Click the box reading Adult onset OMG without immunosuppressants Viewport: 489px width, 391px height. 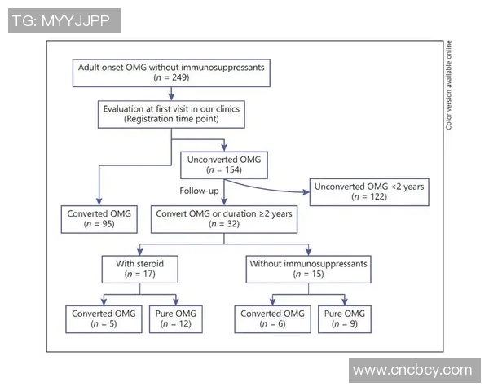click(x=170, y=72)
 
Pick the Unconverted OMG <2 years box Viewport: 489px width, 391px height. click(x=369, y=191)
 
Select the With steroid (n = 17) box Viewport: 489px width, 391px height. click(x=138, y=268)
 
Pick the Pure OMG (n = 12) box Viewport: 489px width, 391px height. click(x=175, y=319)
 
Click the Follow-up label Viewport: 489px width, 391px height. click(x=199, y=191)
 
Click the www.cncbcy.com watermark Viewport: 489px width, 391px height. click(x=413, y=370)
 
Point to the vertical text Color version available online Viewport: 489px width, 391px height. click(x=449, y=86)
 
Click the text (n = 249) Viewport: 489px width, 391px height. click(x=170, y=79)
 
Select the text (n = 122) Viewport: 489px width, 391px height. click(x=369, y=198)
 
